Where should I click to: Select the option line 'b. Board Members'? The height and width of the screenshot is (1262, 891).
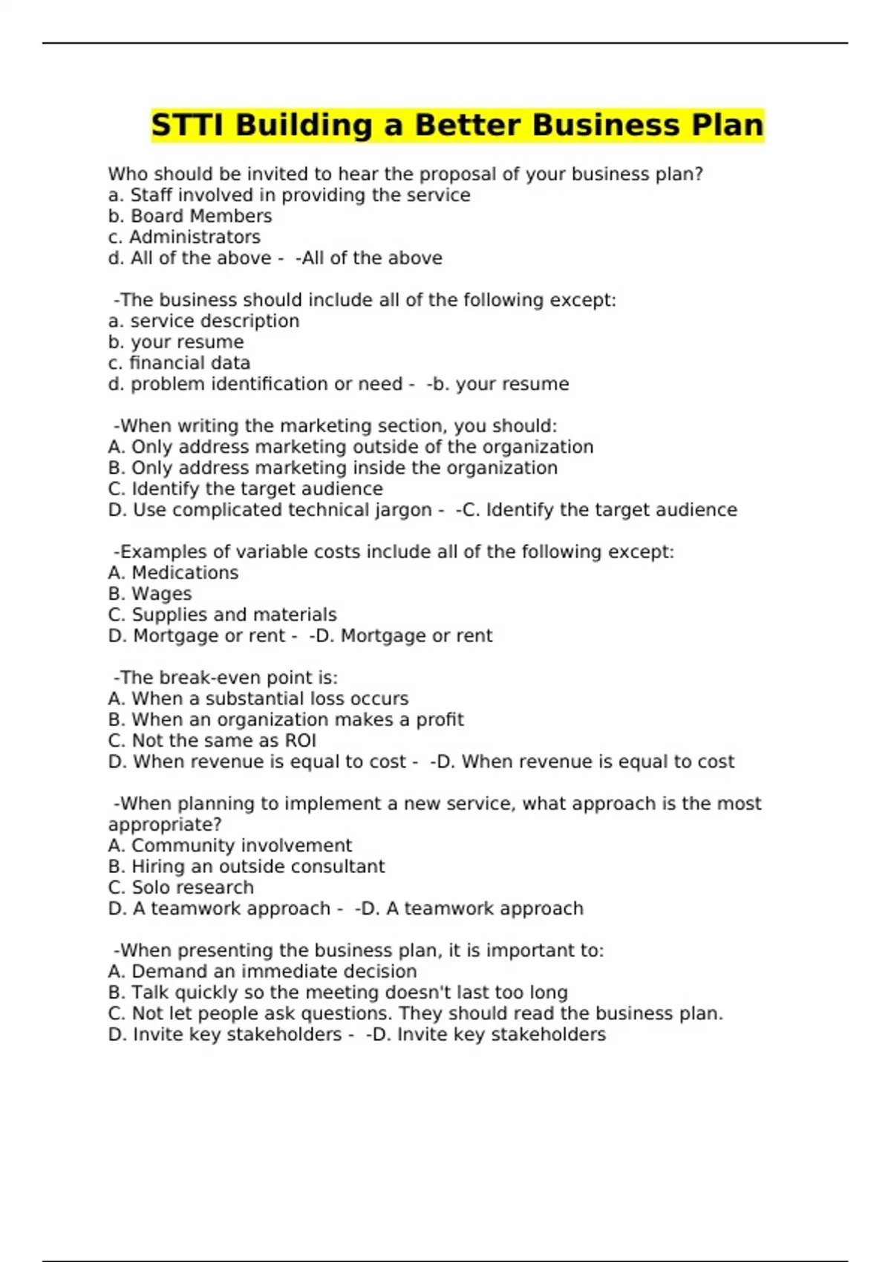coord(190,216)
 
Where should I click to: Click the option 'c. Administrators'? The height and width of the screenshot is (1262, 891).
coord(184,237)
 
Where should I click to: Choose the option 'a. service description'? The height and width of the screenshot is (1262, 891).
coord(203,321)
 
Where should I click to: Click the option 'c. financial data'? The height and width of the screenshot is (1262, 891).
coord(179,363)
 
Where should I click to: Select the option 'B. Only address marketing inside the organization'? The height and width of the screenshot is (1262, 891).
coord(333,468)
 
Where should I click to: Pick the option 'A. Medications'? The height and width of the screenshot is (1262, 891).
coord(173,572)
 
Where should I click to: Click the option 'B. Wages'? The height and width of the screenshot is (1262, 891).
coord(150,594)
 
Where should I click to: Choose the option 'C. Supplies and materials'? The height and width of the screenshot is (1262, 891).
coord(222,615)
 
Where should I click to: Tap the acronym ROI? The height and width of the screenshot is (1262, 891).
coord(300,741)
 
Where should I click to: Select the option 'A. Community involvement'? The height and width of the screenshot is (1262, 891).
coord(230,846)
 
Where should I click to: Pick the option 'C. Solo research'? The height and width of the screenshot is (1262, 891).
coord(181,887)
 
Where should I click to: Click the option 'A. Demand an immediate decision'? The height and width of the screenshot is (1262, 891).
coord(262,972)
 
